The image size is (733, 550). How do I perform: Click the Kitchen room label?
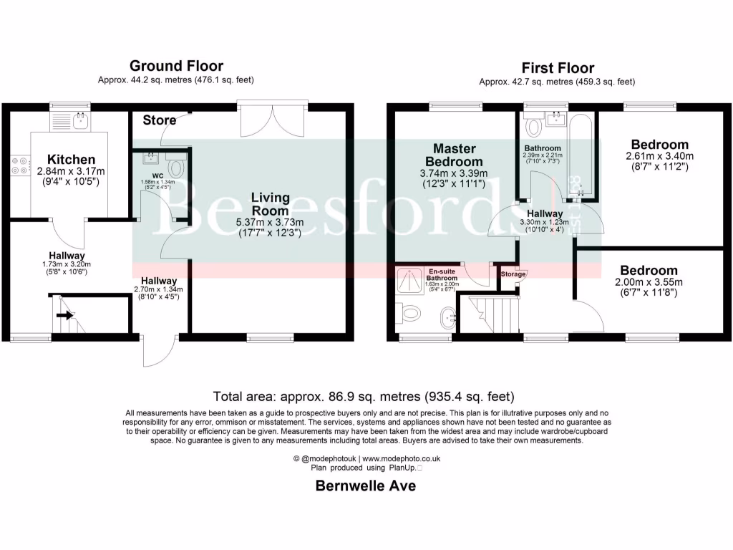coord(71,159)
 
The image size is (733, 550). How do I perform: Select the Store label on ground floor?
coord(159,120)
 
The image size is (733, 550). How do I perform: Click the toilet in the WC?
coord(176,166)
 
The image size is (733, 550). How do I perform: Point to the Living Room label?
coord(269,203)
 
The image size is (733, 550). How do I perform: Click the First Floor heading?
coord(557,68)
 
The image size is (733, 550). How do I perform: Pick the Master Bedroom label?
coord(454,155)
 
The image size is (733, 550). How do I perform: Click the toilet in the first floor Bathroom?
coord(533,127)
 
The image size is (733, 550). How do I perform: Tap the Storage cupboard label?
coord(513,274)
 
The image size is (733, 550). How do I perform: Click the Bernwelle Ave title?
coord(366,486)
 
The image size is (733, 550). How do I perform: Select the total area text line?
coord(364,396)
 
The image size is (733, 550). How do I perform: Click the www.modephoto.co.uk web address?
coord(401,458)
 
